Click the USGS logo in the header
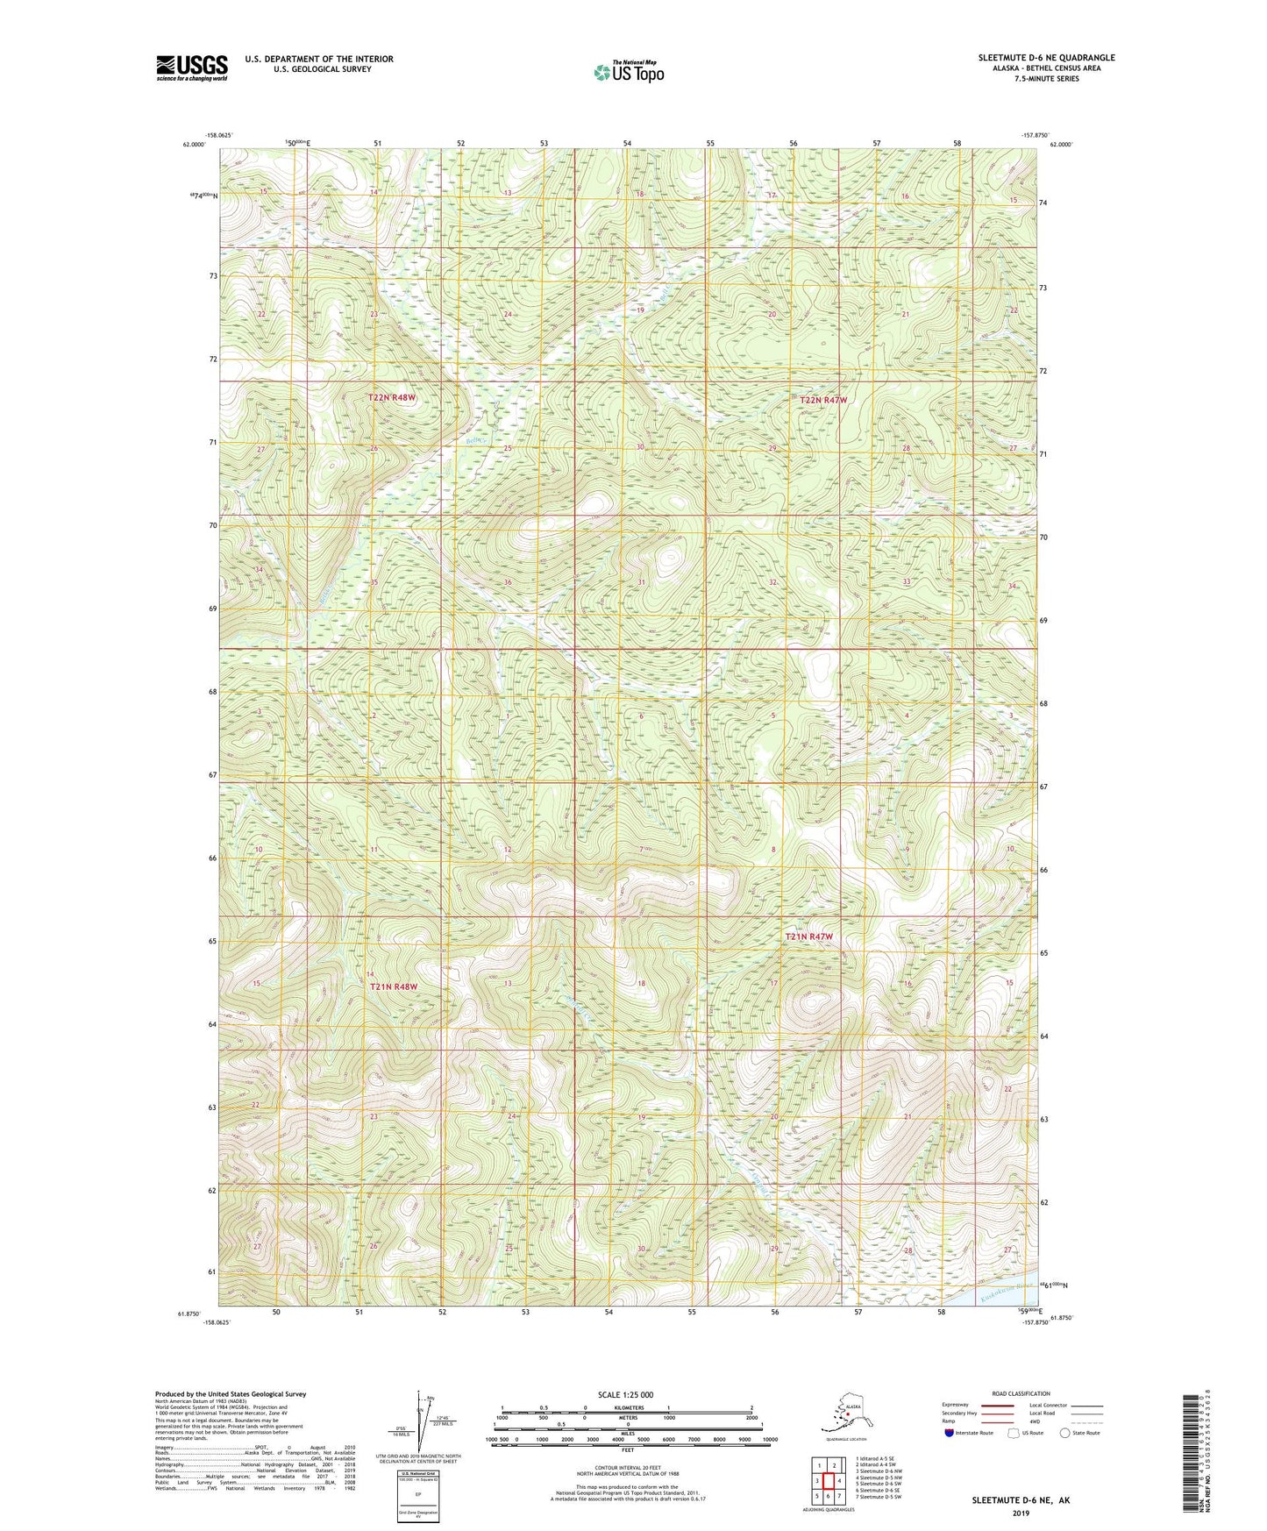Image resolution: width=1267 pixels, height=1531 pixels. [x=192, y=68]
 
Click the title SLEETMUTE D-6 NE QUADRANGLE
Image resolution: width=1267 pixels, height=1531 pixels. [x=1046, y=58]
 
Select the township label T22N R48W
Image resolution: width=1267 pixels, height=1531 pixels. [x=391, y=397]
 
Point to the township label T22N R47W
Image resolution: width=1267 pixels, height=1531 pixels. [x=823, y=400]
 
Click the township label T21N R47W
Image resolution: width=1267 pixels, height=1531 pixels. [x=808, y=936]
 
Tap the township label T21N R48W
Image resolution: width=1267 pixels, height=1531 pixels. [x=393, y=986]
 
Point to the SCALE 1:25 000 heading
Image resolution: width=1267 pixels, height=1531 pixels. [x=625, y=1395]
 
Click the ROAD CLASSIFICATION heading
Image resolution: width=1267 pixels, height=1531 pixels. [x=1021, y=1393]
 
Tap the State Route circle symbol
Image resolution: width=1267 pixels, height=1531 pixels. [x=1064, y=1433]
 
